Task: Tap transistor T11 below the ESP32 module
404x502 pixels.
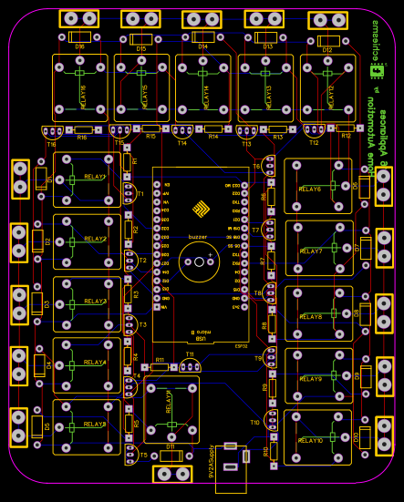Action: tap(189, 365)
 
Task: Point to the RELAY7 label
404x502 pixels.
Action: tap(311, 251)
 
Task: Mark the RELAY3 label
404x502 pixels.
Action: tap(95, 301)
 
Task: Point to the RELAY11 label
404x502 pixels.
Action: tap(169, 400)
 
